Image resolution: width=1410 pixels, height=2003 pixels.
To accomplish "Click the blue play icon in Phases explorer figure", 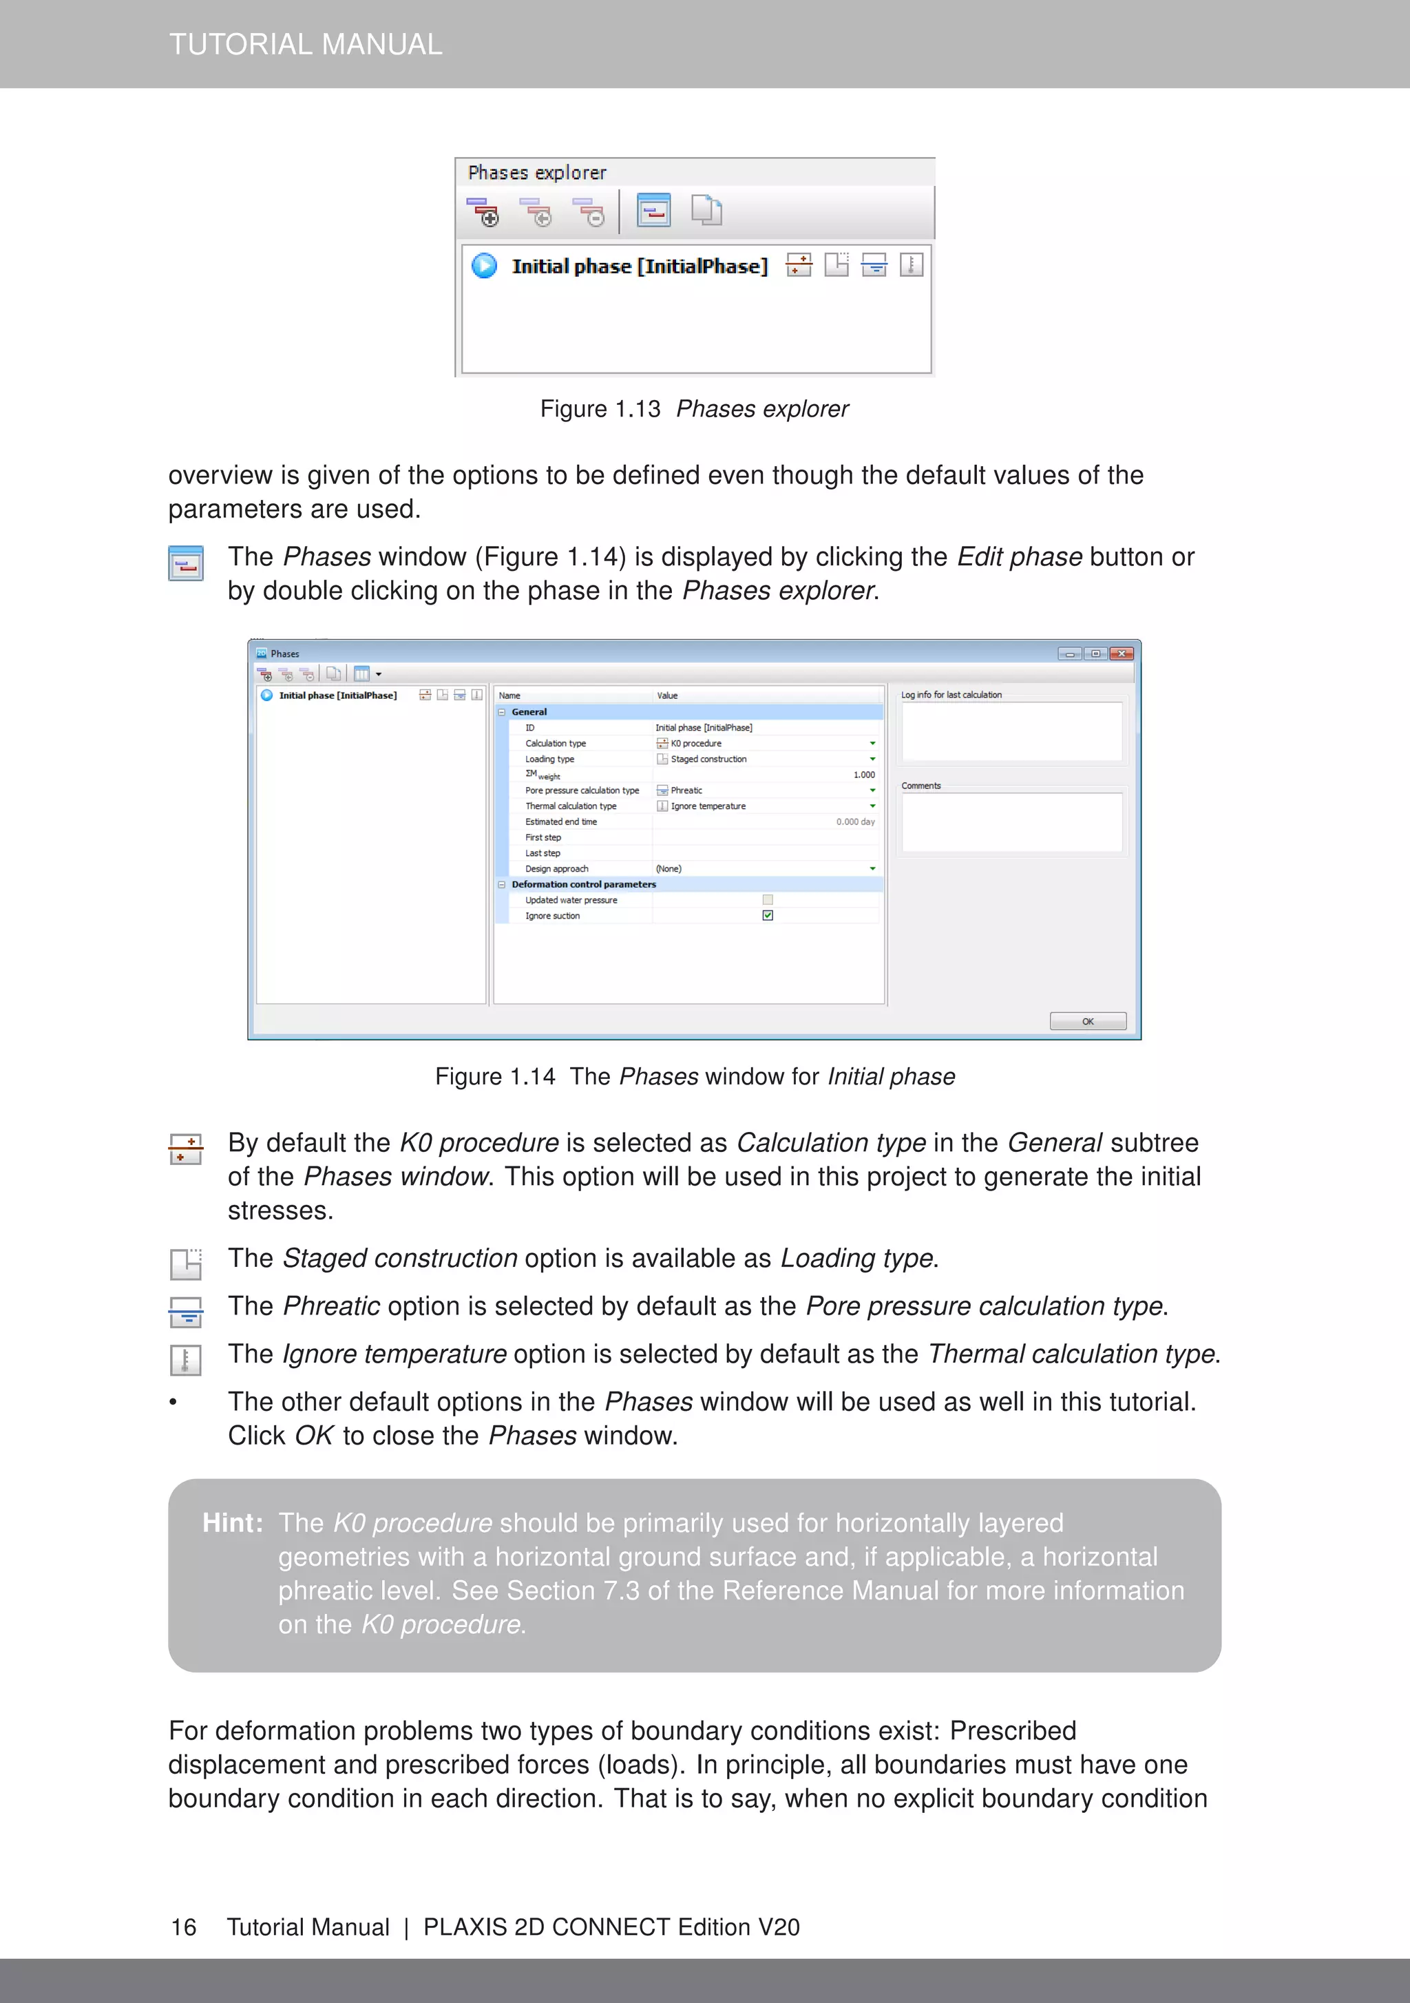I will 484,265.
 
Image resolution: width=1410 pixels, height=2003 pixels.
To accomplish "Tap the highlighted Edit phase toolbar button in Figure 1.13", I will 653,210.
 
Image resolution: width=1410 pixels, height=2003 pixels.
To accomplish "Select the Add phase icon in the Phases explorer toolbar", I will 483,211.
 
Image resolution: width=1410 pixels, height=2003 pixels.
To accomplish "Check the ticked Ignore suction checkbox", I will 768,915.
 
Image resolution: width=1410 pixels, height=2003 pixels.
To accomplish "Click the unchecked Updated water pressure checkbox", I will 768,899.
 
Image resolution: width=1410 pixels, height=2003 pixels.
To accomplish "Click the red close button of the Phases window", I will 1122,653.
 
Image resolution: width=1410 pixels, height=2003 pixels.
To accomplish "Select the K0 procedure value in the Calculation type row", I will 695,743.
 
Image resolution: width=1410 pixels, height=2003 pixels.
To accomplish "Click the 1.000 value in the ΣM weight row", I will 864,775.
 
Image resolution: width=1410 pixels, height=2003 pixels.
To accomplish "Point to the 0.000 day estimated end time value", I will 855,822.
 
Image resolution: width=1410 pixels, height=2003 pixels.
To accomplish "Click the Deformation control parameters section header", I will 584,885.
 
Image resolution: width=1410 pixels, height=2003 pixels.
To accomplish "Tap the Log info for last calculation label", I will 951,695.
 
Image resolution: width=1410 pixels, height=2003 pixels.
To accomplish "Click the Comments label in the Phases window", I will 920,786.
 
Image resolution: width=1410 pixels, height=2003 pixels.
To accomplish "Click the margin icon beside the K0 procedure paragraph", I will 185,1149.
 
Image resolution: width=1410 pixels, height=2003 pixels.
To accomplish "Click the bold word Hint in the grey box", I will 232,1523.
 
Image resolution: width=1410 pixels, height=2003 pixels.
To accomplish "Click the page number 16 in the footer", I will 184,1927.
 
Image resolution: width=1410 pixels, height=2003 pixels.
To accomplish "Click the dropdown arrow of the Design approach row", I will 872,869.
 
